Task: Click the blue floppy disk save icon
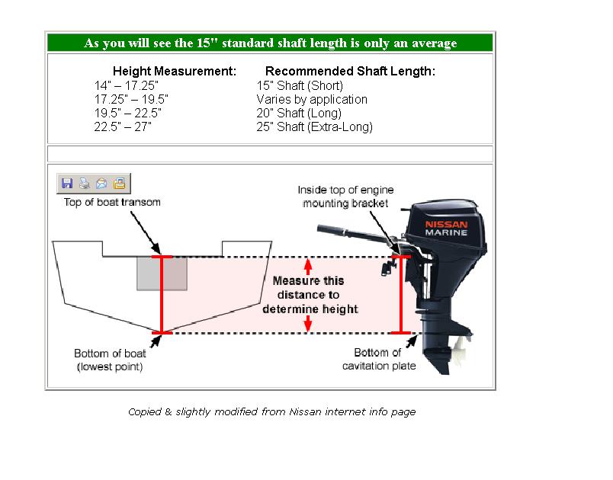(x=67, y=183)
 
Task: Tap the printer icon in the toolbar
(x=85, y=183)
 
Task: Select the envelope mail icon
(x=101, y=183)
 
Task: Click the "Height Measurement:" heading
(x=175, y=71)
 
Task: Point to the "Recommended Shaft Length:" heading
(x=350, y=71)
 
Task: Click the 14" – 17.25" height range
(x=127, y=85)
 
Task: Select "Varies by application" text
(x=312, y=99)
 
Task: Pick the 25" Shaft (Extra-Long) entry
(x=315, y=127)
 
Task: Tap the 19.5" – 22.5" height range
(x=128, y=114)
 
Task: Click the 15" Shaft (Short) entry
(x=300, y=85)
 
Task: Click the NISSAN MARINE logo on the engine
(x=446, y=229)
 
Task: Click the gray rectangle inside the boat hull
(x=162, y=274)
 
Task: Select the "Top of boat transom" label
(x=112, y=203)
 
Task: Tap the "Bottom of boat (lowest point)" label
(x=110, y=360)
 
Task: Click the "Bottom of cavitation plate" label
(x=379, y=360)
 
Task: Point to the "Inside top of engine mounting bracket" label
(x=345, y=197)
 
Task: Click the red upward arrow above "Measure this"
(x=308, y=267)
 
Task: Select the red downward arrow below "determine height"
(x=308, y=324)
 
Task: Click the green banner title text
(x=271, y=43)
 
